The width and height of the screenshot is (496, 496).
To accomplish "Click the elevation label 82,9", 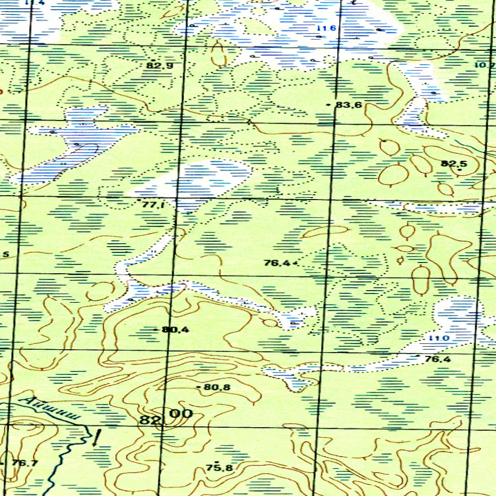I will (x=160, y=65).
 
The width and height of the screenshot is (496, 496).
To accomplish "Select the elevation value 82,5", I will (x=454, y=164).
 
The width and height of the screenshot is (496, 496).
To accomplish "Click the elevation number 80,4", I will (x=176, y=330).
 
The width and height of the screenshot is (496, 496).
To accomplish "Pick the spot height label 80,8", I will (x=217, y=387).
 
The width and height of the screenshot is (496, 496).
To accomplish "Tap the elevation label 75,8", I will (x=219, y=468).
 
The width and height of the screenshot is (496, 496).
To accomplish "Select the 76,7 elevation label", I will (x=25, y=463).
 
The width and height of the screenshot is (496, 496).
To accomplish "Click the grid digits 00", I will (x=181, y=414).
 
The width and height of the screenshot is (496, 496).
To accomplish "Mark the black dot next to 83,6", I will (x=329, y=105).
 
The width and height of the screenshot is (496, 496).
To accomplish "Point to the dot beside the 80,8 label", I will (x=199, y=387).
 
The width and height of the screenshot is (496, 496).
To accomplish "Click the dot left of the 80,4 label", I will (x=155, y=330).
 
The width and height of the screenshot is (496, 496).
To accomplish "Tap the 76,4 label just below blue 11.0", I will (x=437, y=359).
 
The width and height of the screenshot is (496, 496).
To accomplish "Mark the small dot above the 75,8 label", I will (x=217, y=462).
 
